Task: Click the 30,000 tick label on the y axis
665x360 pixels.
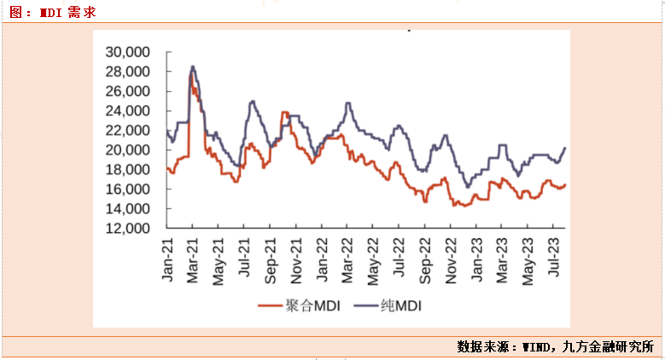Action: coord(127,52)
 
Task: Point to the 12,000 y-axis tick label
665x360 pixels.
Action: coord(127,229)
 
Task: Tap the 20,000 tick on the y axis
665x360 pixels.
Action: coord(127,150)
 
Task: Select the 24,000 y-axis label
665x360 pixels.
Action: coord(127,111)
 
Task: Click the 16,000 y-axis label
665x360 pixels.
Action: coord(127,189)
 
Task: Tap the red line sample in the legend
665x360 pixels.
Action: coord(270,305)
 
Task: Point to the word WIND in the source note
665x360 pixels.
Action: coord(537,347)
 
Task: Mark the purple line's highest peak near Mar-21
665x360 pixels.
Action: coord(193,66)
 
